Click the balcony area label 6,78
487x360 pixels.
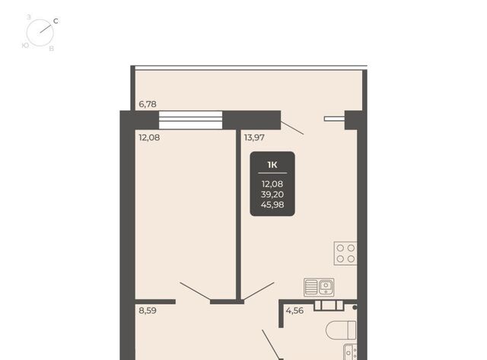148,104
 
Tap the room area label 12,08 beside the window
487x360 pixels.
149,137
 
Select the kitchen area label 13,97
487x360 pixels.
254,137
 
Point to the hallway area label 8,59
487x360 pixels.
148,311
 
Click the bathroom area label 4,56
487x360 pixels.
294,311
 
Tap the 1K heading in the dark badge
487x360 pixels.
272,164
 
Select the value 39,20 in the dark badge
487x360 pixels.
272,194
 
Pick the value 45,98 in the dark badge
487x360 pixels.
272,205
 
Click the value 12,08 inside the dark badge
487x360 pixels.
272,184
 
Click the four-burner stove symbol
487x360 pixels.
345,253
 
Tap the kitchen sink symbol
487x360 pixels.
319,287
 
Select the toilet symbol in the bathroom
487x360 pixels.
341,330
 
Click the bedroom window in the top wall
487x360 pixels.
191,120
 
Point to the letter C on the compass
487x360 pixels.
56,21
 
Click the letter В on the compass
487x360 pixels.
52,49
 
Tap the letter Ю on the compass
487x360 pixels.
25,46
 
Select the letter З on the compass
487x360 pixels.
29,17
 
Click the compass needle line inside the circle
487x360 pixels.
46,27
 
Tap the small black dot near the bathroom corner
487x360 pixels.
355,307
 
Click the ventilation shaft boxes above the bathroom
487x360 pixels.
329,305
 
